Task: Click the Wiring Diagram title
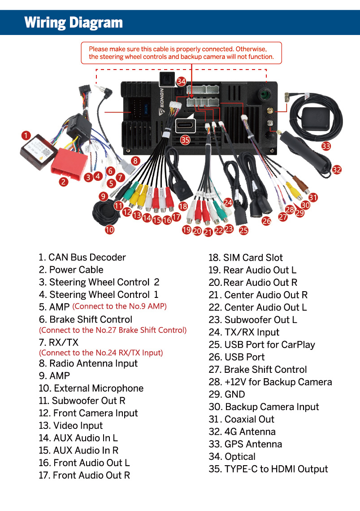click(74, 23)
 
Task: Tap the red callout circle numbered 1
click(26, 135)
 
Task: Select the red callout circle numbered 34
click(181, 81)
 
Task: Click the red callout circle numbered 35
click(185, 140)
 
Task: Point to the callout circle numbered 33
click(326, 146)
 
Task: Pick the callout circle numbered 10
click(109, 230)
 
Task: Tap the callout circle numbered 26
click(266, 221)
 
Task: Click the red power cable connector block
click(69, 164)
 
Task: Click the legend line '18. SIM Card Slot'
click(246, 258)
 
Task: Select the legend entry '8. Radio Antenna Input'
click(88, 363)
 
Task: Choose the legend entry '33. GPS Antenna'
click(245, 444)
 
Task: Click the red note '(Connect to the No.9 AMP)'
click(120, 306)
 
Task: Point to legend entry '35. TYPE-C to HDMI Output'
click(269, 469)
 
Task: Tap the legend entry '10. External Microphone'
click(91, 388)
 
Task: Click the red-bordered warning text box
click(182, 53)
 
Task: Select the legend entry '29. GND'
click(227, 394)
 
